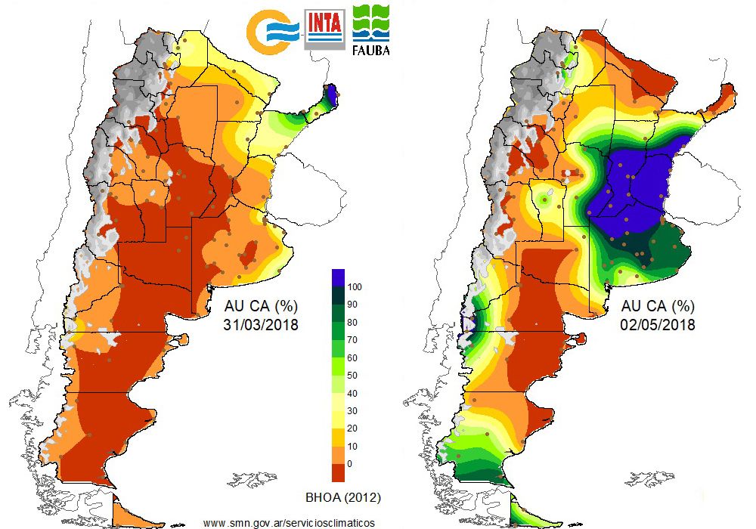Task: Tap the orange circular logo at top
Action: [x=272, y=29]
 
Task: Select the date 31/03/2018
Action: [x=262, y=326]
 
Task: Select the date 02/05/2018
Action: [x=657, y=326]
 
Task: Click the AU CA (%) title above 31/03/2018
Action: [x=261, y=308]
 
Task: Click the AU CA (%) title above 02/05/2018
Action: [x=657, y=308]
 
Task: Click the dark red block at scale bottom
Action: [x=339, y=472]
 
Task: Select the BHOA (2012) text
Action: [x=342, y=497]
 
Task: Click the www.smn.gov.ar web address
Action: [x=289, y=522]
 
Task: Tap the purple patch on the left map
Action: [x=332, y=97]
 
